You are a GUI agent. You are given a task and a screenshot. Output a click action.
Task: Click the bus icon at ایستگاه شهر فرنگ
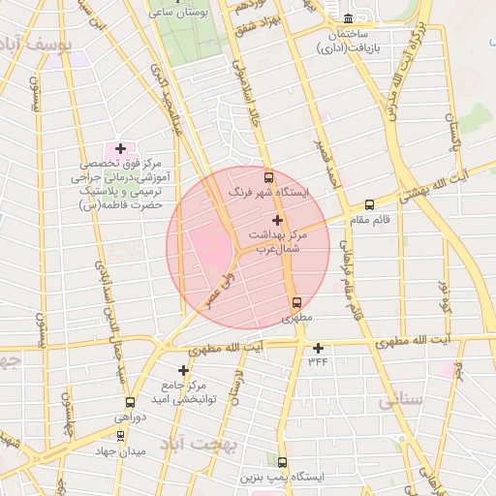coord(268,177)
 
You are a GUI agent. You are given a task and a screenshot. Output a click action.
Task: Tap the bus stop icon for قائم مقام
coord(369,204)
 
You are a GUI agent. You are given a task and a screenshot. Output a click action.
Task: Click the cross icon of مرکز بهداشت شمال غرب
coord(278,220)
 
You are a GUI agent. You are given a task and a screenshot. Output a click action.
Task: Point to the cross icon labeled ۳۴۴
coord(318,347)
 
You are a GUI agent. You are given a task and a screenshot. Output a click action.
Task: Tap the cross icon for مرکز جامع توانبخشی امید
coord(183,370)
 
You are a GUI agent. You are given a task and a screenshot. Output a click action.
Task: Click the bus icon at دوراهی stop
coord(129,402)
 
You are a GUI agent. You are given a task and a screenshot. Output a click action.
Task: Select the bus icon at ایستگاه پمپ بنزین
coord(282,462)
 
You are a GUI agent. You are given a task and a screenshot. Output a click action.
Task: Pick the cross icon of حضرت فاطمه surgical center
coord(120,148)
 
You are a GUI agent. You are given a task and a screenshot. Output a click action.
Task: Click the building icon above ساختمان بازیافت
coord(349,17)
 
